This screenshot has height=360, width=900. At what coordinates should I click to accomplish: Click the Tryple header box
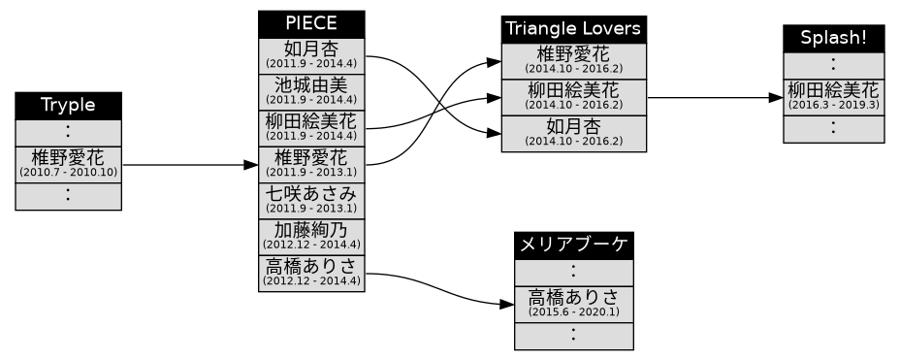68,105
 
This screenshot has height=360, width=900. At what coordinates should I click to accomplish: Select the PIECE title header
311,23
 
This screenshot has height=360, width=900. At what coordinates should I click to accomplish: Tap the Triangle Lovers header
574,29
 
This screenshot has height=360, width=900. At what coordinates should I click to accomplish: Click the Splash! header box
833,38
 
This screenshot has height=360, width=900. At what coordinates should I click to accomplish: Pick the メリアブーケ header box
573,245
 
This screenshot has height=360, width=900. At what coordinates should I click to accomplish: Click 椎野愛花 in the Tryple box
68,162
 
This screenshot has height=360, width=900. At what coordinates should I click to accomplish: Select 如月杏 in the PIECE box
311,53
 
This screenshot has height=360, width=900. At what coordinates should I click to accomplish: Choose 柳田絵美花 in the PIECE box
311,126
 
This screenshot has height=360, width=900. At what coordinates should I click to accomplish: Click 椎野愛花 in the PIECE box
311,162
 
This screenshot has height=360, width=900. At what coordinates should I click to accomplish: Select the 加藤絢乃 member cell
311,235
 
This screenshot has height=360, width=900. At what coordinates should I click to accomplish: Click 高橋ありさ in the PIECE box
311,272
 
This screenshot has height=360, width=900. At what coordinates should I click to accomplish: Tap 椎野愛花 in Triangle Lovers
574,60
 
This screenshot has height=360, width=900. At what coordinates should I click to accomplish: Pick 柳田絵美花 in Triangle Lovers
574,96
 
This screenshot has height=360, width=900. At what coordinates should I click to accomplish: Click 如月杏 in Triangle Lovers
574,133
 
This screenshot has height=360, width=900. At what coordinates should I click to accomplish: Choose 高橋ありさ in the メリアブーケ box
573,303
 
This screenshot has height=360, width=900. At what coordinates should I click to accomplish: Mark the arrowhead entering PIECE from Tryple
251,165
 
